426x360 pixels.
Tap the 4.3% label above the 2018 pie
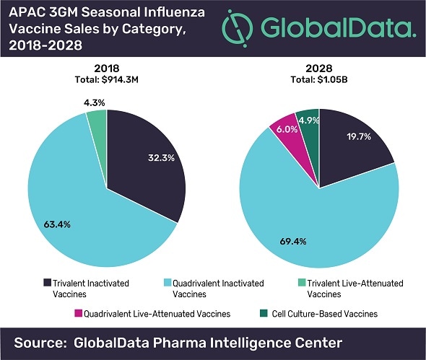pyautogui.click(x=94, y=102)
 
